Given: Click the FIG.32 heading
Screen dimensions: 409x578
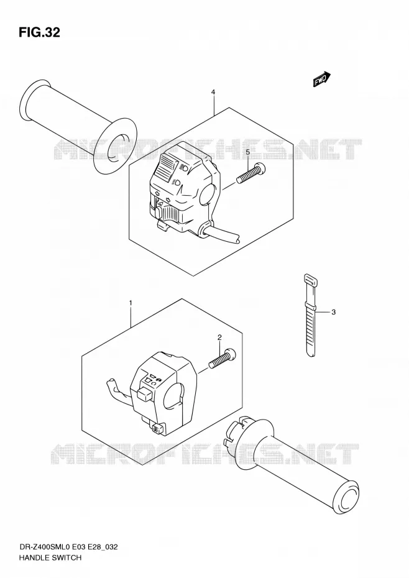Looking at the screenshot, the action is point(39,33).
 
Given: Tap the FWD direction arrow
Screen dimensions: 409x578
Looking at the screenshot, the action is point(322,79).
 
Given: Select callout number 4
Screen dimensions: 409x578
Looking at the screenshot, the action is point(213,92).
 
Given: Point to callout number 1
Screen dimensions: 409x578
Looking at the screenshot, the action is point(131,303).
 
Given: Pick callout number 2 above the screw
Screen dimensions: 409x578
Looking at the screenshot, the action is point(219,337).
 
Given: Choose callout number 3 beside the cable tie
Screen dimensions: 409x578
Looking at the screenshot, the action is point(333,312).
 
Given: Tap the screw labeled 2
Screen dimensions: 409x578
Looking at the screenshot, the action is point(223,358).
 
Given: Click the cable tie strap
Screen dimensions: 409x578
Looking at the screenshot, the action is point(310,316).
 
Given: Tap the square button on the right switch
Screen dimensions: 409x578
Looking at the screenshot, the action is point(144,393).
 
